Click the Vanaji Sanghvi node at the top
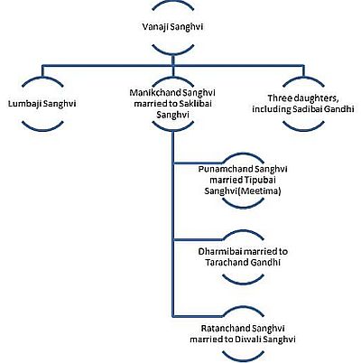coord(172,27)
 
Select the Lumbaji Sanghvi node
coord(42,104)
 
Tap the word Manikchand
coord(152,93)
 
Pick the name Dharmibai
coord(218,251)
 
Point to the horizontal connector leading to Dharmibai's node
coord(199,240)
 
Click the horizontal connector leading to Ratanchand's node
coord(199,316)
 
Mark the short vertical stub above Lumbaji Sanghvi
coord(42,71)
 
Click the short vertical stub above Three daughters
coord(303,71)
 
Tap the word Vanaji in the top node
coord(155,27)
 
